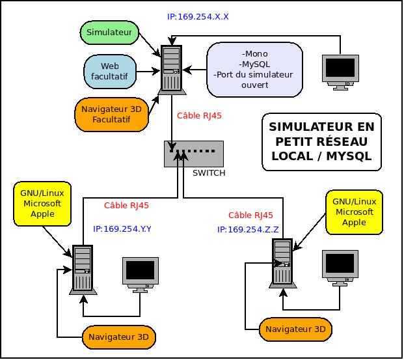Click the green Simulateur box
109,33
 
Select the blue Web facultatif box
110,72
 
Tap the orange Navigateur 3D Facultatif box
111,114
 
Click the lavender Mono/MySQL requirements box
254,70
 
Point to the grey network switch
194,154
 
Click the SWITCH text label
209,173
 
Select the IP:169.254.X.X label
198,17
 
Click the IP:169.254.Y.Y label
122,229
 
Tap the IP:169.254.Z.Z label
248,230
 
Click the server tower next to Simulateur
172,70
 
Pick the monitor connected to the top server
340,72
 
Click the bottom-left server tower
83,270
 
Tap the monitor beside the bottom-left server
141,275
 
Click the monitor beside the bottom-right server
340,268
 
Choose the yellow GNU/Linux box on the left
42,204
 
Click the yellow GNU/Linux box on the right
355,212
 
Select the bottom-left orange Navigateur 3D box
119,337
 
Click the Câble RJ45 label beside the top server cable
199,116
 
